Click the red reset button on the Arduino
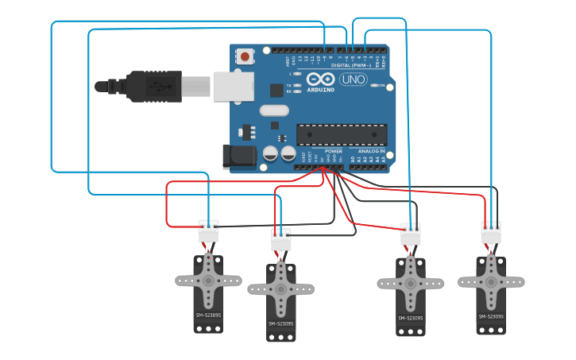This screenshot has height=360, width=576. point(245,56)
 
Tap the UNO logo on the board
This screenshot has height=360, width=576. point(352,79)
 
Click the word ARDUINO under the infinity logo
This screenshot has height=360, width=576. point(321,89)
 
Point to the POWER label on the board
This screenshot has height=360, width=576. point(334,150)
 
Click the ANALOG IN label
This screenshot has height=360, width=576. point(371,150)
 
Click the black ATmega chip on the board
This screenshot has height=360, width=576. point(342,134)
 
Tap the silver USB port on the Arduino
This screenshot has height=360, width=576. point(233,87)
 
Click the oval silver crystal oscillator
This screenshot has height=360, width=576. point(273,111)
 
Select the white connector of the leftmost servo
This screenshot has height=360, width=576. point(208,231)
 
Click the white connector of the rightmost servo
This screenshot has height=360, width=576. point(491,233)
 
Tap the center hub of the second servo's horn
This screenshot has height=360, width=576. point(280,289)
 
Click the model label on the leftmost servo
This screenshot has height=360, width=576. point(209,315)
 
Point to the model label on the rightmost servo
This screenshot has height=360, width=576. point(491,316)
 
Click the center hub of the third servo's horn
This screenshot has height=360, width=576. point(410,284)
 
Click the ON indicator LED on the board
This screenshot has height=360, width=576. point(373,85)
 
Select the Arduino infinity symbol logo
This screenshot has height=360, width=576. point(321,79)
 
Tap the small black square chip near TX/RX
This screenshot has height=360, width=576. point(276,90)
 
